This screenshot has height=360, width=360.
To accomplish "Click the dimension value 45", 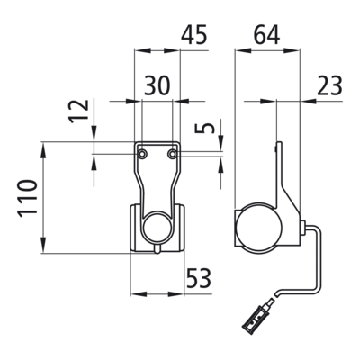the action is point(194,34).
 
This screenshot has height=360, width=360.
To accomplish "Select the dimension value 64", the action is point(266,34).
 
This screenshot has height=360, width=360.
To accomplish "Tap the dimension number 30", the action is point(157,85).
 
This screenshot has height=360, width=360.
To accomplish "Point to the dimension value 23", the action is point(329,85).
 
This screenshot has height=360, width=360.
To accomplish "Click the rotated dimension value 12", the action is point(79,111).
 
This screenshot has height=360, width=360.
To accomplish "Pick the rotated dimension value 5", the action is point(205,128).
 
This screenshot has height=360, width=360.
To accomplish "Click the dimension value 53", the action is point(199,278).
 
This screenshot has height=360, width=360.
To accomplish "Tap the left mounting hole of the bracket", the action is point(141,154).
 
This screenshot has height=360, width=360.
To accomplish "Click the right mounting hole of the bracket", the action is point(172,154).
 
